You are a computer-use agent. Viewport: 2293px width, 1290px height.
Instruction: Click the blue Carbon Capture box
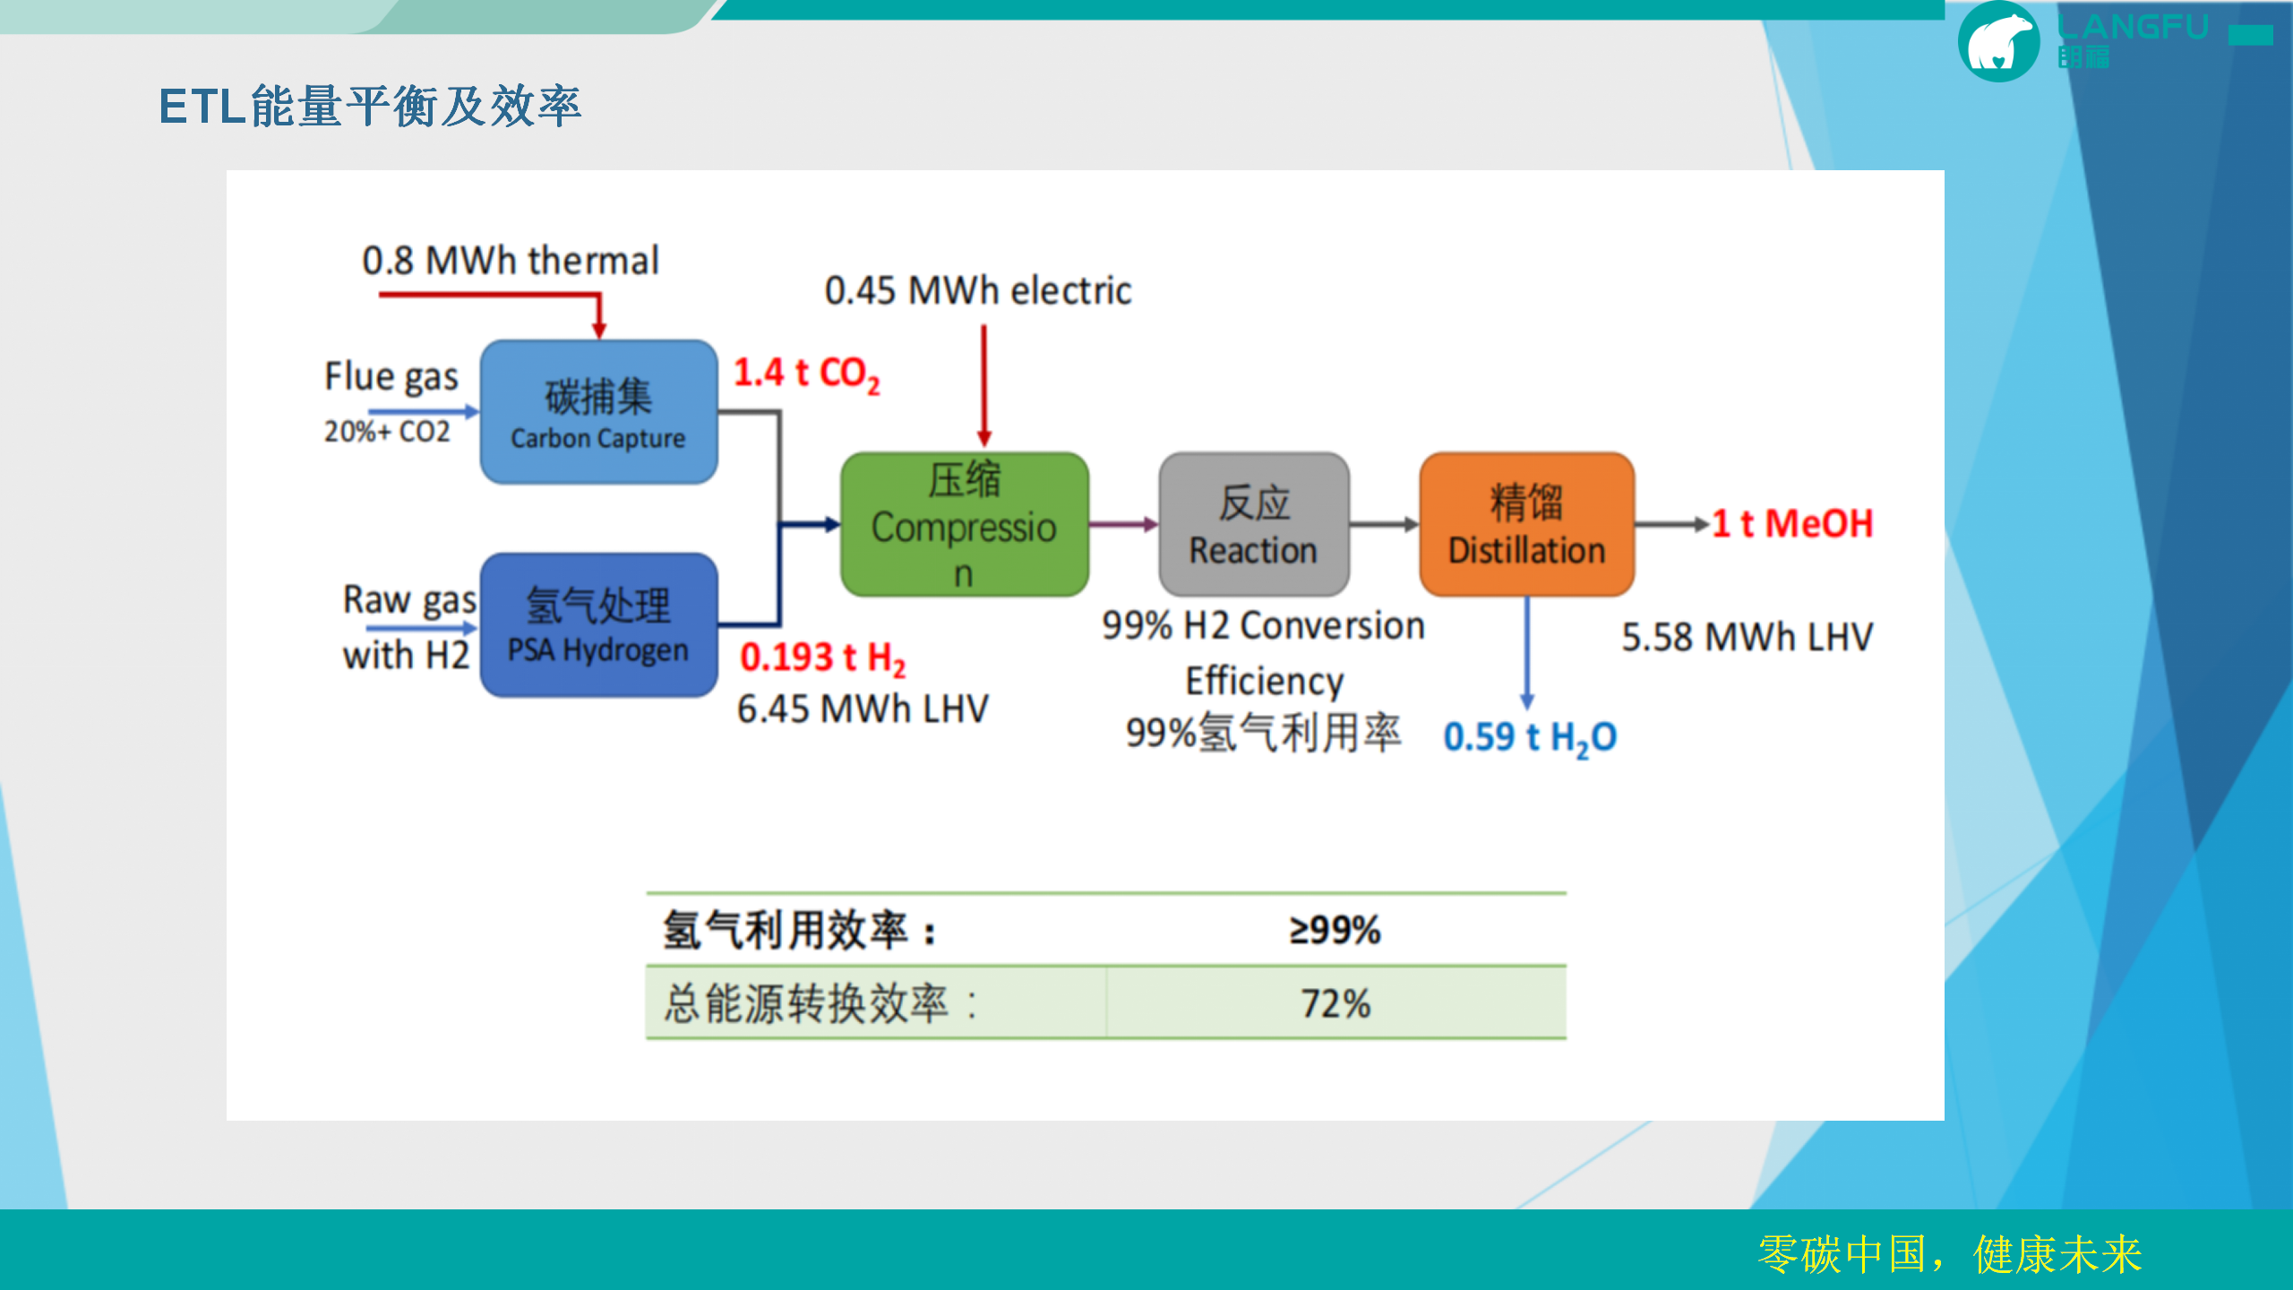[598, 412]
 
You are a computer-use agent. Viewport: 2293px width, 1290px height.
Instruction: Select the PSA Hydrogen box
[598, 625]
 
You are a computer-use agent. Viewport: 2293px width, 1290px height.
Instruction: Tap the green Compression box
[964, 525]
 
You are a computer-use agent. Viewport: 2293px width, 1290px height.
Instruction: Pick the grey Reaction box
[1253, 525]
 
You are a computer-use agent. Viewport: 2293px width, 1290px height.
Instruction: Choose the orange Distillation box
[1526, 525]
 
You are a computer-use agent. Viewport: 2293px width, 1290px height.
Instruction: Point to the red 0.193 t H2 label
[822, 658]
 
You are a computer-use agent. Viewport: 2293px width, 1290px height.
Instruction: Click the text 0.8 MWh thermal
[511, 262]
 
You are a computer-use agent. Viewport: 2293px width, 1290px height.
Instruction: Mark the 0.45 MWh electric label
[977, 291]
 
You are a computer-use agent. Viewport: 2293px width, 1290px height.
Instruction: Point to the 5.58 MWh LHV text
[1747, 638]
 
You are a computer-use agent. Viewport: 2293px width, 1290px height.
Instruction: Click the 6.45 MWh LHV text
[863, 709]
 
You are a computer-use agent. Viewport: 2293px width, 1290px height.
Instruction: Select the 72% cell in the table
[1335, 1003]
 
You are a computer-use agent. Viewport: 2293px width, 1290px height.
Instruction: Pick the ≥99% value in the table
[1335, 930]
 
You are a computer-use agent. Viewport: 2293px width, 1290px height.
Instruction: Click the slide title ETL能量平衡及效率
[370, 107]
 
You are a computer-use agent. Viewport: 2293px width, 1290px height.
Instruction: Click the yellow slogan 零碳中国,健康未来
[1949, 1254]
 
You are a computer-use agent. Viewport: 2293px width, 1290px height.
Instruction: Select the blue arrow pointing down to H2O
[1527, 654]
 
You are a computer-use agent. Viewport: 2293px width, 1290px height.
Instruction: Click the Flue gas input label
[391, 377]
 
